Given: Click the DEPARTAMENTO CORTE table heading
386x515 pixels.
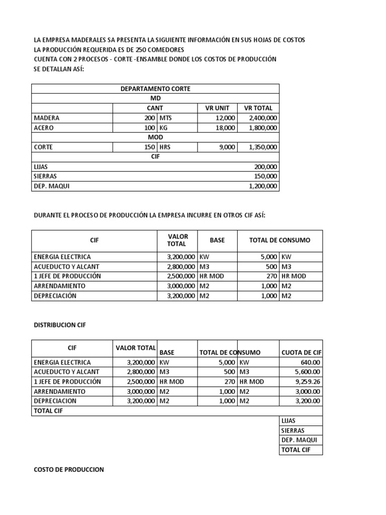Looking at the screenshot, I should click(155, 89).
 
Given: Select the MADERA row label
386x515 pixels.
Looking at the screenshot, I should click(46, 118).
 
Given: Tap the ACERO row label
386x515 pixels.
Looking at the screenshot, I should click(44, 128).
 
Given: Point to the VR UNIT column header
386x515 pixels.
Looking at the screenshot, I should click(217, 108).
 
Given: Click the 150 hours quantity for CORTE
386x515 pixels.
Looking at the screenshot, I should click(149, 147).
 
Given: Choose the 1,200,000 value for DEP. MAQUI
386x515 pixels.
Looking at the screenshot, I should click(263, 186).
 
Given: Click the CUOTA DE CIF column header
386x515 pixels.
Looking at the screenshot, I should click(301, 353).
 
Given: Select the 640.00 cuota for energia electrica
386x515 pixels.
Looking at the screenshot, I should click(311, 362).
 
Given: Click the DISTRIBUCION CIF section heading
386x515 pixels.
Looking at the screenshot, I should click(60, 325).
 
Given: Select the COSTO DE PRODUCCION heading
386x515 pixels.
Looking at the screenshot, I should click(68, 469).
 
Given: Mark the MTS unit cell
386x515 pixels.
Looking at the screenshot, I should click(166, 118).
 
